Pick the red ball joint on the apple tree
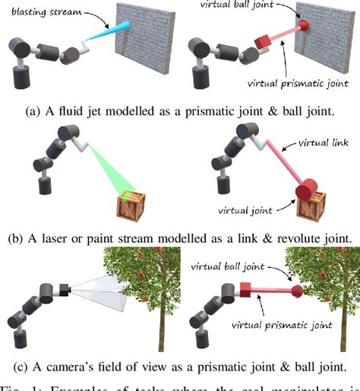[x=295, y=290]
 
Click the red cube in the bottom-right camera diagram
[x=245, y=290]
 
